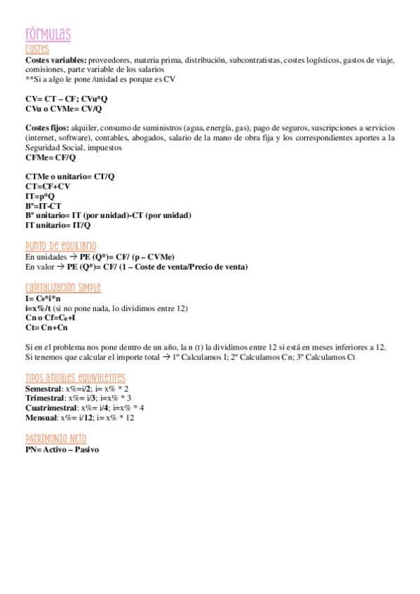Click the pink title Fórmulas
pyautogui.click(x=48, y=34)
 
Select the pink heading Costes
pyautogui.click(x=36, y=49)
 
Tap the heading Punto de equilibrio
pyautogui.click(x=60, y=246)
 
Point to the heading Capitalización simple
pyautogui.click(x=63, y=288)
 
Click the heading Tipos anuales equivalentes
pyautogui.click(x=75, y=377)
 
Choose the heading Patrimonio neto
pyautogui.click(x=56, y=438)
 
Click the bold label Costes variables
pyautogui.click(x=56, y=60)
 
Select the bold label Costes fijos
pyautogui.click(x=47, y=129)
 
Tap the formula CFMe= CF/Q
pyautogui.click(x=50, y=158)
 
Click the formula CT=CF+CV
pyautogui.click(x=48, y=187)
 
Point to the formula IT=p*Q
pyautogui.click(x=40, y=197)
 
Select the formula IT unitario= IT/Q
pyautogui.click(x=57, y=226)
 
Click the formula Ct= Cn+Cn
pyautogui.click(x=46, y=327)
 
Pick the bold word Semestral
pyautogui.click(x=43, y=388)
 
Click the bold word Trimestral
pyautogui.click(x=44, y=398)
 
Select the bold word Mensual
pyautogui.click(x=41, y=417)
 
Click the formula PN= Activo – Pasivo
pyautogui.click(x=62, y=449)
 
